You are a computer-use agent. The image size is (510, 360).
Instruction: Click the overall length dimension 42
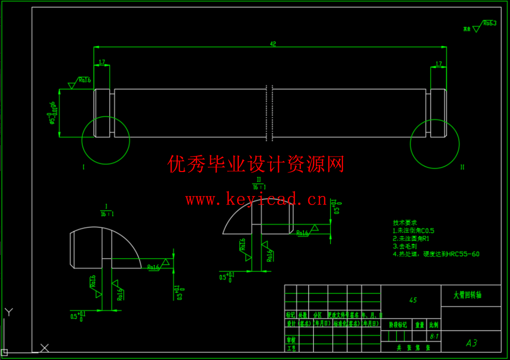click(273, 44)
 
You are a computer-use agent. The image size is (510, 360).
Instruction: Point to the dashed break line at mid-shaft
click(269, 112)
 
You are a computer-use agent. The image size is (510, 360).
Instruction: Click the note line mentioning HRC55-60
click(436, 254)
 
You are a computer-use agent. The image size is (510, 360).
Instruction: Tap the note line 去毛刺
click(405, 246)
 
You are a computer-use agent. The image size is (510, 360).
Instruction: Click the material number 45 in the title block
click(413, 300)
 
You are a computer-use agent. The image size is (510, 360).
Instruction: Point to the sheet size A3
click(471, 343)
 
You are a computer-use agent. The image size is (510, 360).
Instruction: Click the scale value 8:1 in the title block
click(433, 336)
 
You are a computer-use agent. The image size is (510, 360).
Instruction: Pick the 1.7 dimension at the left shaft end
click(102, 63)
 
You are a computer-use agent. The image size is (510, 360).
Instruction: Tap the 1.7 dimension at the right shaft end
click(438, 64)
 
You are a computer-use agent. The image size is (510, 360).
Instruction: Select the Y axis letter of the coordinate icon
click(8, 312)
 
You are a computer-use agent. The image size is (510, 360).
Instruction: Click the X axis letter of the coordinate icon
click(45, 348)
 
